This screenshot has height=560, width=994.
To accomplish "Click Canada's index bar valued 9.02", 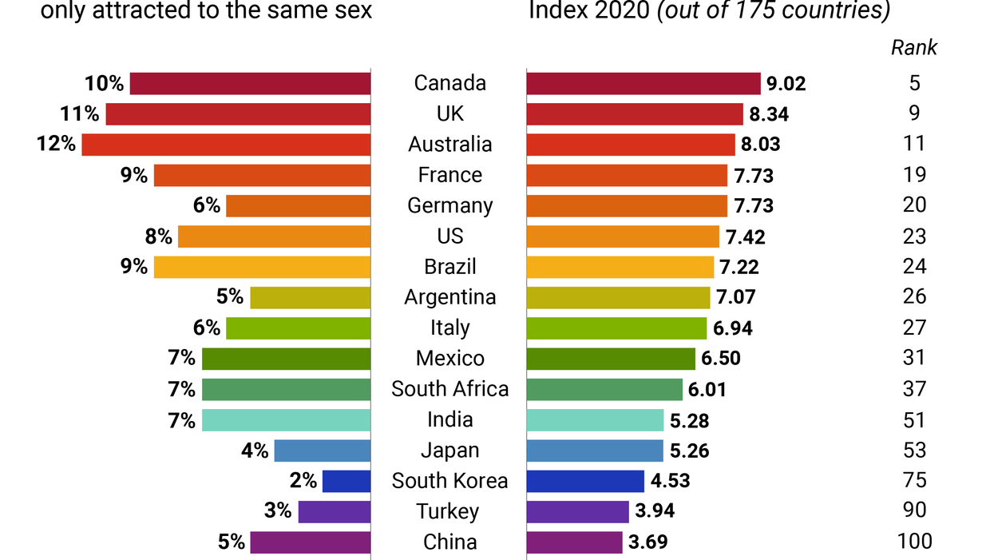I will click(x=644, y=84).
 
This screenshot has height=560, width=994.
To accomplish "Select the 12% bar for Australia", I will click(x=226, y=145).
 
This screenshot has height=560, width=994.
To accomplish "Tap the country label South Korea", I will click(x=450, y=481).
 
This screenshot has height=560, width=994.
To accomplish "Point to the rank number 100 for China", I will click(x=914, y=542).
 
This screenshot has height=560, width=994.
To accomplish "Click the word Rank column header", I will click(x=914, y=47).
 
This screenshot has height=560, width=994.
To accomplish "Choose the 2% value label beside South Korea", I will click(x=303, y=481).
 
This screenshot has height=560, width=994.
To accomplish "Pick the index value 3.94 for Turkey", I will click(x=655, y=512).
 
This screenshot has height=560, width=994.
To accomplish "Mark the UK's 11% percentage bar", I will click(x=238, y=114).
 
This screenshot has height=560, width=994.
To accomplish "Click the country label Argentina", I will click(x=450, y=297).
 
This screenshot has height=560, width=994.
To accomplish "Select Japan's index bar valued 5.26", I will click(x=595, y=451).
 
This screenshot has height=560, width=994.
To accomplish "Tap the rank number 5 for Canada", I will click(x=914, y=83).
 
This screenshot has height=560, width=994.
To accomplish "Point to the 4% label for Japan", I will click(x=255, y=451).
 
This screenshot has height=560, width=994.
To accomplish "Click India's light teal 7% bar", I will click(x=286, y=420).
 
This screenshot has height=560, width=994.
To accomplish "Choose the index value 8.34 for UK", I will click(x=769, y=114).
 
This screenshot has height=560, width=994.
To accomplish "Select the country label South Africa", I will click(x=450, y=389).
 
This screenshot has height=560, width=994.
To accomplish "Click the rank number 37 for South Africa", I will click(x=914, y=389).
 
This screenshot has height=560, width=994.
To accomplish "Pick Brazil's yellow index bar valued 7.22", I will click(x=620, y=267).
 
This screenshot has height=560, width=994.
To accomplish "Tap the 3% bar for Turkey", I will click(x=335, y=512).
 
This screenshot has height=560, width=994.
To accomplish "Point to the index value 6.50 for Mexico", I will click(x=721, y=359).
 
